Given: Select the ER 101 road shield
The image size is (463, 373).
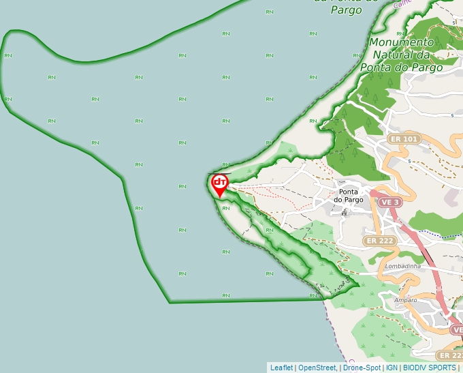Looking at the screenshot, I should [x=403, y=139].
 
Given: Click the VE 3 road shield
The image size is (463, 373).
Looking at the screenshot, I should [x=390, y=203].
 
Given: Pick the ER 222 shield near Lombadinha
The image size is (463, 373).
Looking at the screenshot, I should [x=379, y=241].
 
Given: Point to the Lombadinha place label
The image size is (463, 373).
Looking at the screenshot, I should [x=401, y=265].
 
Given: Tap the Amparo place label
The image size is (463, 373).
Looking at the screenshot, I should [x=405, y=300].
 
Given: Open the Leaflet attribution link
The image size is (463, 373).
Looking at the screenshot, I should [x=281, y=368].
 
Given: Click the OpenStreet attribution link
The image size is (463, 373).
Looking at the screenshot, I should [x=317, y=368].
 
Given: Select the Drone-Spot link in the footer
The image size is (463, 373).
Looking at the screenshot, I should [x=362, y=368].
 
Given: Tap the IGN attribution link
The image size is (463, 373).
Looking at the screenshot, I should [x=392, y=368].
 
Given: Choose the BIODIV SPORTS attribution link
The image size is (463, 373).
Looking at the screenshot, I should [x=429, y=368].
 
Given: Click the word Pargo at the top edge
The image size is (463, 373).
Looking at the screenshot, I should [x=346, y=10].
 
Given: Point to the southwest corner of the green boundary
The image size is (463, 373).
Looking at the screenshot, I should [x=169, y=301].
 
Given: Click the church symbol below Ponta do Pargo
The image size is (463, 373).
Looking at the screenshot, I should [x=345, y=213].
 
